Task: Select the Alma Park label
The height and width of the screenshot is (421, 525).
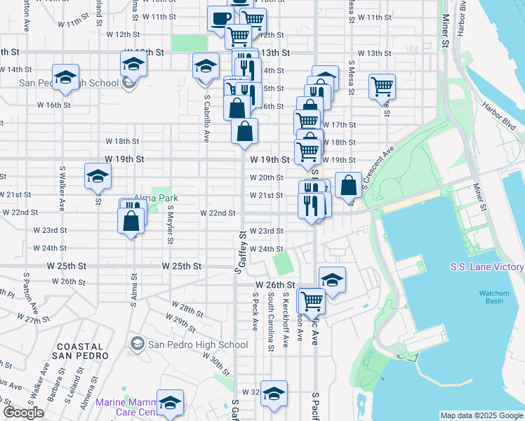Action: (156, 199)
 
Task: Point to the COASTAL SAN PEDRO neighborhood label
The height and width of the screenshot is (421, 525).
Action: (79, 352)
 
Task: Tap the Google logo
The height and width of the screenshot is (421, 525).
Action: (22, 413)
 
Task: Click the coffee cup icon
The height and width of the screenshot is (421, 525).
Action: (220, 18)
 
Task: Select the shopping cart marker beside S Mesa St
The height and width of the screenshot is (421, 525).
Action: (382, 86)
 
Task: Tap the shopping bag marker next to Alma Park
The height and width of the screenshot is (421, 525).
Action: (131, 220)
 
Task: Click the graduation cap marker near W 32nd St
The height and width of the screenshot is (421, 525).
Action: (274, 394)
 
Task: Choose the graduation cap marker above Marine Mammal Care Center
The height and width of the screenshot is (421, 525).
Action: (170, 401)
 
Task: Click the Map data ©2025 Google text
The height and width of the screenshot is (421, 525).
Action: (481, 415)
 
